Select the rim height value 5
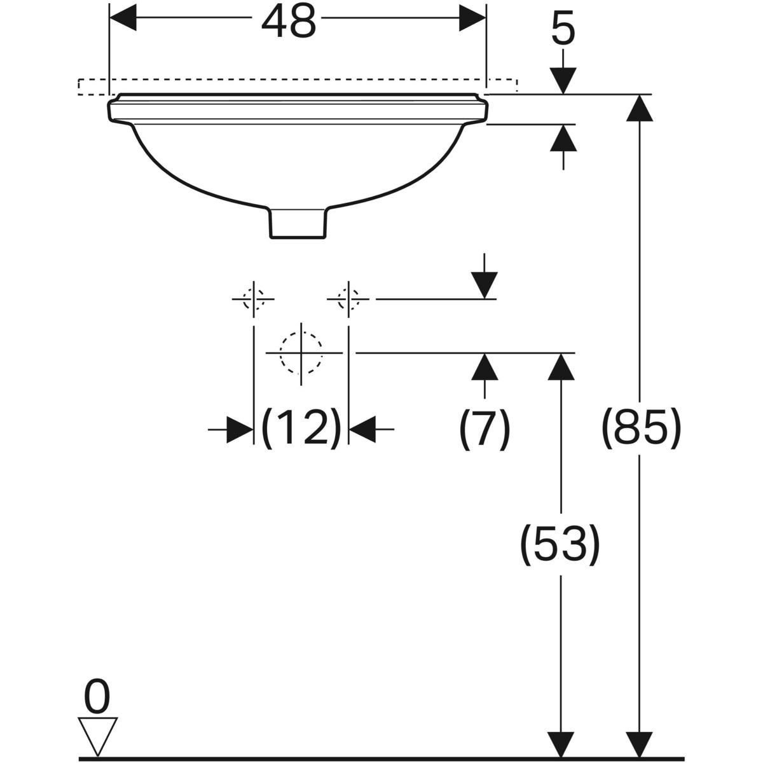coord(563,29)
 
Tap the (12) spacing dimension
coord(301,429)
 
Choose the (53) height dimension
coord(560,544)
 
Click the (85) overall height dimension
coord(642,427)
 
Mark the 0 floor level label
coord(97,698)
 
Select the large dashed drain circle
coord(301,352)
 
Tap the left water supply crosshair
coord(254,298)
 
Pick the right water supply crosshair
coord(348,298)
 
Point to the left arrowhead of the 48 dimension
coord(123,18)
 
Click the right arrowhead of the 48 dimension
coord(472,18)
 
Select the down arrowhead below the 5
coord(563,81)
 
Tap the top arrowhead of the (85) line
coord(640,107)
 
